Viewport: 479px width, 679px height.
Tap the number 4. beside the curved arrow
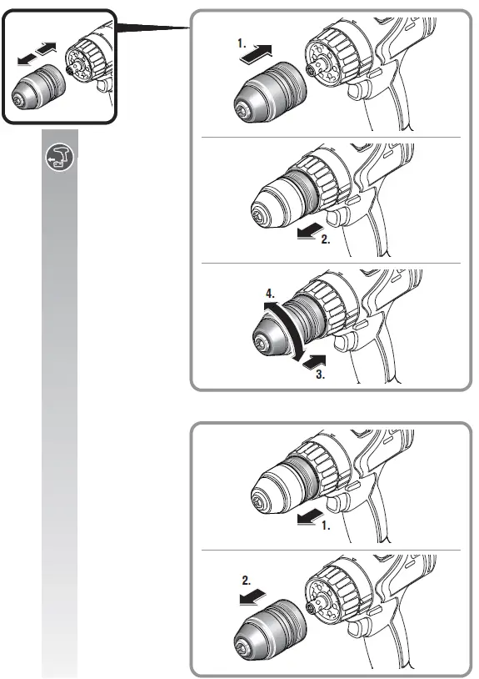269,294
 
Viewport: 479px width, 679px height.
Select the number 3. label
318,375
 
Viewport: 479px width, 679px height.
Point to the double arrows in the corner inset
37,51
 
